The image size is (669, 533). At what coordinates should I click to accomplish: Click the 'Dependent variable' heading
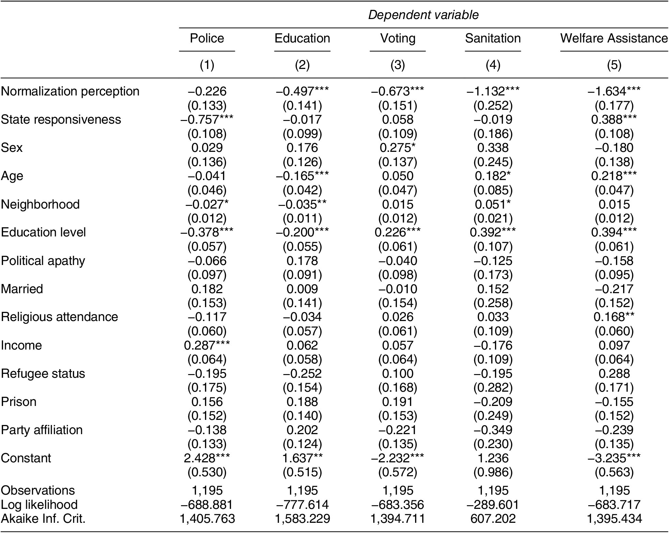click(x=423, y=15)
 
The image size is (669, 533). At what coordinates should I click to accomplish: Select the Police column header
click(x=207, y=38)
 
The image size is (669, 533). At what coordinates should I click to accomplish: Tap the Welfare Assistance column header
click(x=614, y=38)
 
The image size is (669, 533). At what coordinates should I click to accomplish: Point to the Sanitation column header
click(x=493, y=38)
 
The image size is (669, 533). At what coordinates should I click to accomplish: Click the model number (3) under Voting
click(x=398, y=65)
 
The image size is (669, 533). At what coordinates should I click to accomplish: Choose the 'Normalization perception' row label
click(x=70, y=91)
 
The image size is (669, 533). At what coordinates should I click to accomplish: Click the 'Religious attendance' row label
click(x=59, y=317)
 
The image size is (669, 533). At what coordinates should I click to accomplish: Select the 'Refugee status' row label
click(x=43, y=374)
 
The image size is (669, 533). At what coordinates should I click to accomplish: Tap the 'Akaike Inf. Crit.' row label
click(x=43, y=519)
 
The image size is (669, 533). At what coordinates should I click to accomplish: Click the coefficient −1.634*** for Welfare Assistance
click(x=614, y=91)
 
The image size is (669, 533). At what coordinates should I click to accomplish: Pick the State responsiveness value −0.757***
click(x=207, y=120)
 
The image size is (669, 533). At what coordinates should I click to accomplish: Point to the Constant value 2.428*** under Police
click(x=207, y=458)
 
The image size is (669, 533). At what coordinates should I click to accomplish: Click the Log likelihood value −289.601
click(x=493, y=505)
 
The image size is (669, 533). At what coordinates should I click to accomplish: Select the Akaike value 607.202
click(x=493, y=519)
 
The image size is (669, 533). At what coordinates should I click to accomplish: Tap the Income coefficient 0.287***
click(x=207, y=345)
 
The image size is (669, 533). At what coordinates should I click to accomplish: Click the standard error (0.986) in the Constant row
click(x=493, y=472)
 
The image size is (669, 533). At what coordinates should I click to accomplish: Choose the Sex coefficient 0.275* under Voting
click(x=398, y=148)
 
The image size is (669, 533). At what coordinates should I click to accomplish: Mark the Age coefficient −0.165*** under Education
click(x=302, y=176)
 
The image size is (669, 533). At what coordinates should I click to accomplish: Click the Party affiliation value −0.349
click(x=493, y=430)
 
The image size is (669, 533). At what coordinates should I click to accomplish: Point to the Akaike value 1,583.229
click(x=302, y=519)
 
